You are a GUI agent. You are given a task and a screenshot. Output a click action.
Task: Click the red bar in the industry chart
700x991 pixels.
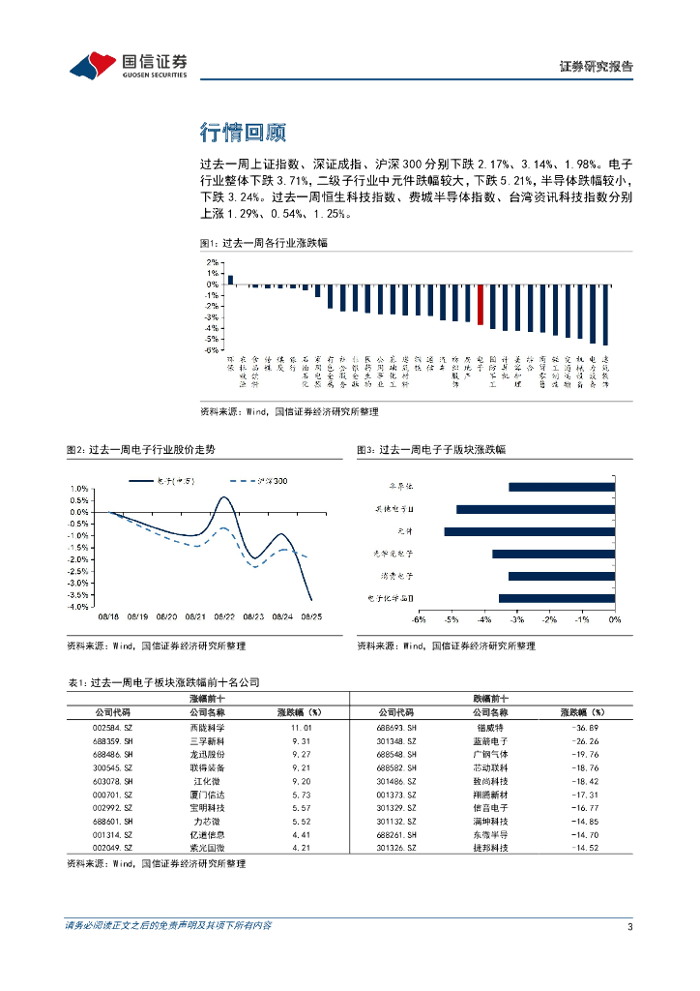tap(481, 304)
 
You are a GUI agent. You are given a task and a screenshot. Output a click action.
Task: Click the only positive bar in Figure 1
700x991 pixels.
tap(230, 280)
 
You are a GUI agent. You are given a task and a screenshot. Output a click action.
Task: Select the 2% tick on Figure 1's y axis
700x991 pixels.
tap(211, 262)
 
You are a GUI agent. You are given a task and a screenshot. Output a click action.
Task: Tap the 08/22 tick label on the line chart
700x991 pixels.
tap(225, 616)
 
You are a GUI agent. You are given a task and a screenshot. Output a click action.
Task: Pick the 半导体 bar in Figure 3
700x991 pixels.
tap(561, 487)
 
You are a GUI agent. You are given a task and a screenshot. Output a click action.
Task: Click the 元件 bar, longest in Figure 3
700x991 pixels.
tap(529, 531)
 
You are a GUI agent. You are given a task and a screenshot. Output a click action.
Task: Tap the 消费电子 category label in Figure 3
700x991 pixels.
tap(394, 576)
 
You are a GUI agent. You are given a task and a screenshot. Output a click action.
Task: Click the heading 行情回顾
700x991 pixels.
tap(243, 132)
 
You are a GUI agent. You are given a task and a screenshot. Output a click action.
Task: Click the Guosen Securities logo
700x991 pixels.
tap(128, 65)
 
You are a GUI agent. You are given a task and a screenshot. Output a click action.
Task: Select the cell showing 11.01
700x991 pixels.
tap(300, 727)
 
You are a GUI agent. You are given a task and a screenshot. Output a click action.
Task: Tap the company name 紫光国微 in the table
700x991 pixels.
tap(206, 847)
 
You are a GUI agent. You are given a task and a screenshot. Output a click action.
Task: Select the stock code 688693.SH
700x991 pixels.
tap(397, 727)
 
